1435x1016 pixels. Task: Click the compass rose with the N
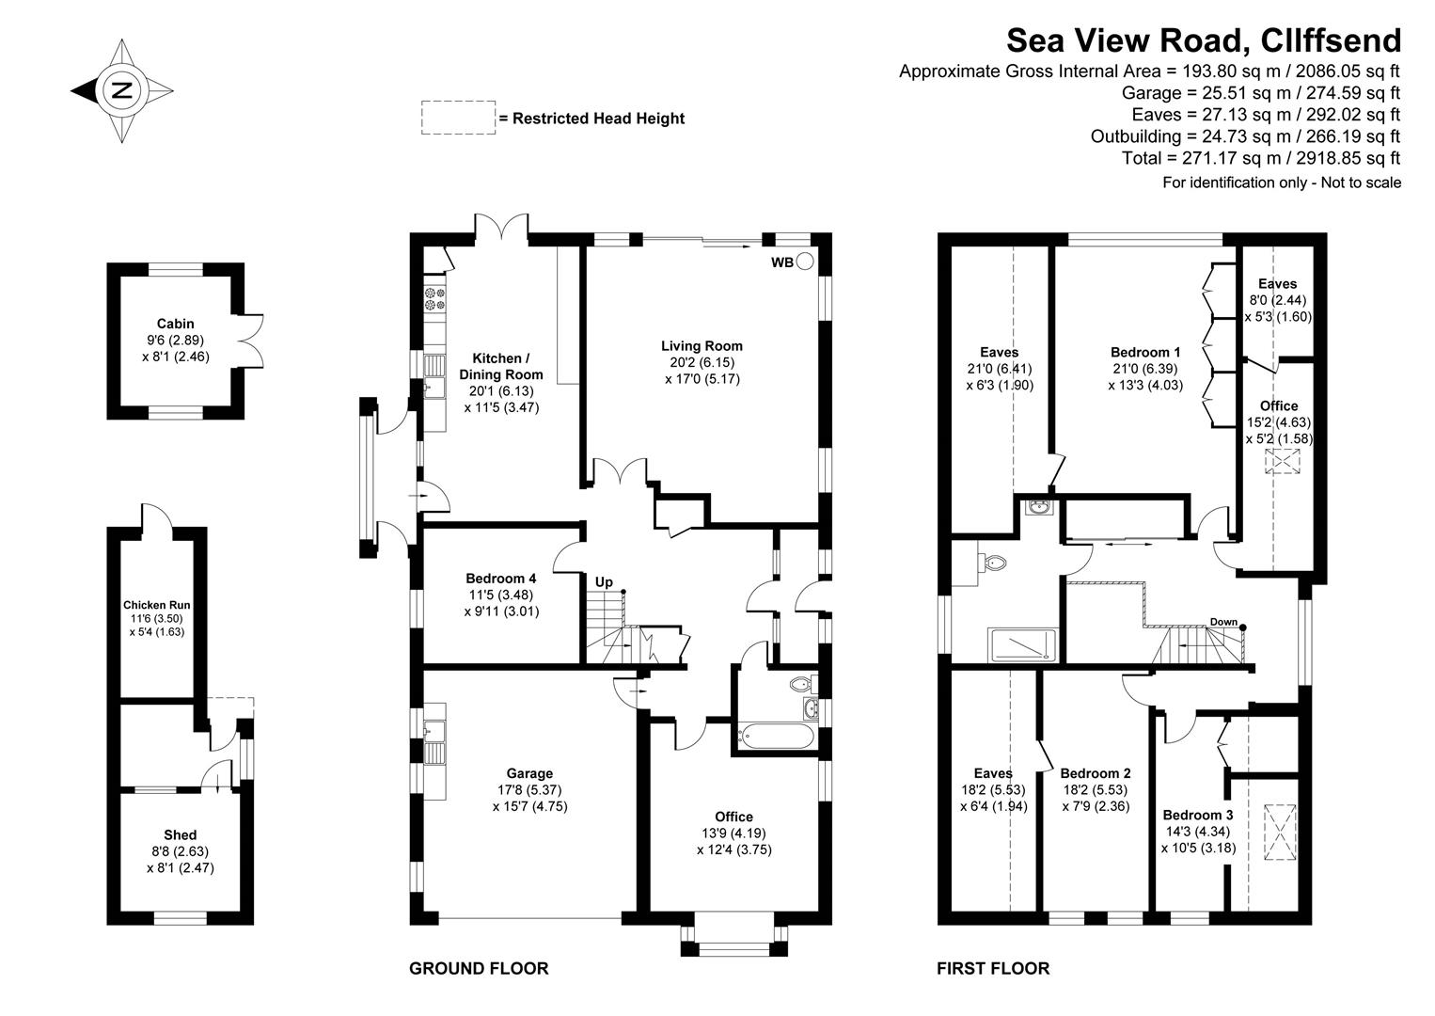(121, 91)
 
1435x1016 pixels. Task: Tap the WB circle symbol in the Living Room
(805, 262)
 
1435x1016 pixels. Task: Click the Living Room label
(701, 346)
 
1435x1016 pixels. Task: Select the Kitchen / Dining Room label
(501, 366)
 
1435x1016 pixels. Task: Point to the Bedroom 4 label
(501, 579)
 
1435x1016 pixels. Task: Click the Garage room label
(529, 774)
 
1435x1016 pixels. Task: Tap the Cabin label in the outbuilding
(176, 324)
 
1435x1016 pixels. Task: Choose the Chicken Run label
(157, 606)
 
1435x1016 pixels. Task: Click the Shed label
(180, 835)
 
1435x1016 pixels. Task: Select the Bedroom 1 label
(1145, 353)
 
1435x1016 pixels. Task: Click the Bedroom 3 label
(1197, 816)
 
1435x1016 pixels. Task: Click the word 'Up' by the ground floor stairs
(604, 582)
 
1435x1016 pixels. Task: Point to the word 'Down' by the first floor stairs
(1223, 622)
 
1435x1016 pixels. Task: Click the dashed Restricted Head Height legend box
(458, 118)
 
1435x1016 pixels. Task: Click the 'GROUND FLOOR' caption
(479, 968)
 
